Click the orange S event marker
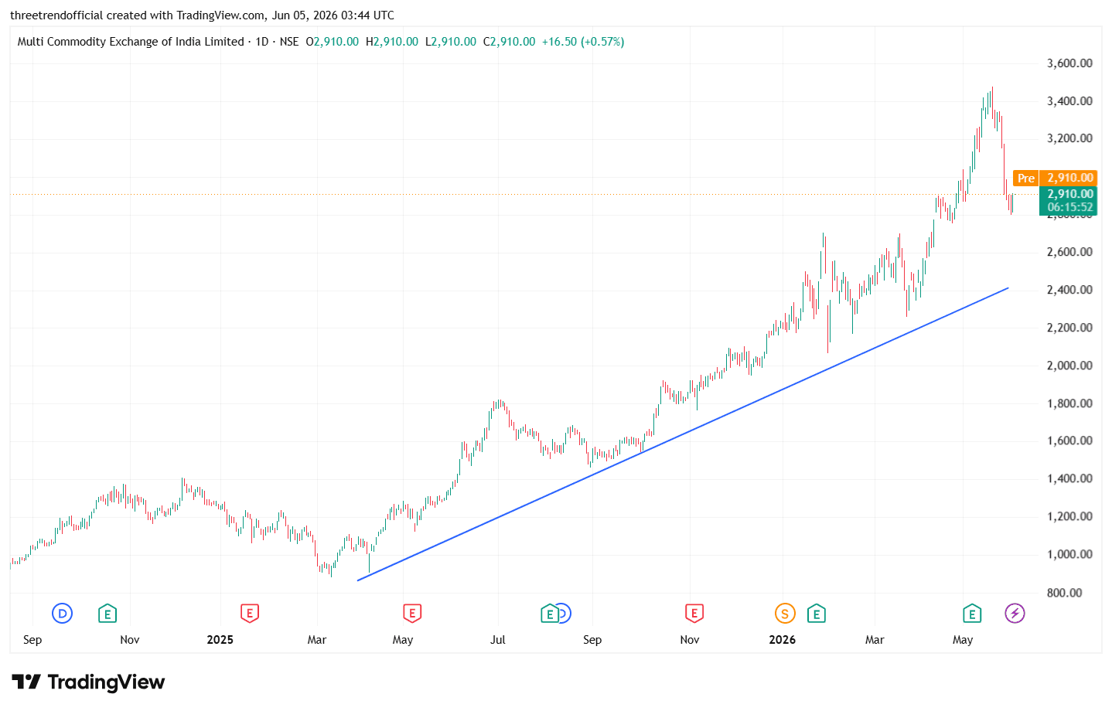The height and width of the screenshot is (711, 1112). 784,614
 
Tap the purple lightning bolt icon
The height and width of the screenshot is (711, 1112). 1015,614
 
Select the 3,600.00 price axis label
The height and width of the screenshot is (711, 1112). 1069,63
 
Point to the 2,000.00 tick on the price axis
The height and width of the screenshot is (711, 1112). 1069,366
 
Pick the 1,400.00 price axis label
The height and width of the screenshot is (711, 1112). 1069,479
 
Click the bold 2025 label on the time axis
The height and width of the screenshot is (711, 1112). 220,640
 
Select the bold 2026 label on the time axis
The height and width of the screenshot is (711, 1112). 782,640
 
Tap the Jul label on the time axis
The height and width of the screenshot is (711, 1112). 497,640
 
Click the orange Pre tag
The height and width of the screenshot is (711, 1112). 1025,178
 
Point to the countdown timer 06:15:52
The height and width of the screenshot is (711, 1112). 1069,207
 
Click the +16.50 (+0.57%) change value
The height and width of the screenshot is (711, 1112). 583,42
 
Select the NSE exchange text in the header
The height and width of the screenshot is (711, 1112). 289,42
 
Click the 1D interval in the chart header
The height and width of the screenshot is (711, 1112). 261,42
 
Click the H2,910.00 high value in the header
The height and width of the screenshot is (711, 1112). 392,42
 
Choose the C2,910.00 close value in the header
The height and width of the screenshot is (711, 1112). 509,42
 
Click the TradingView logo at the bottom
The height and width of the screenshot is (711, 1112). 88,682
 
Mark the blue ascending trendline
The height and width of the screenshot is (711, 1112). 683,434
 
